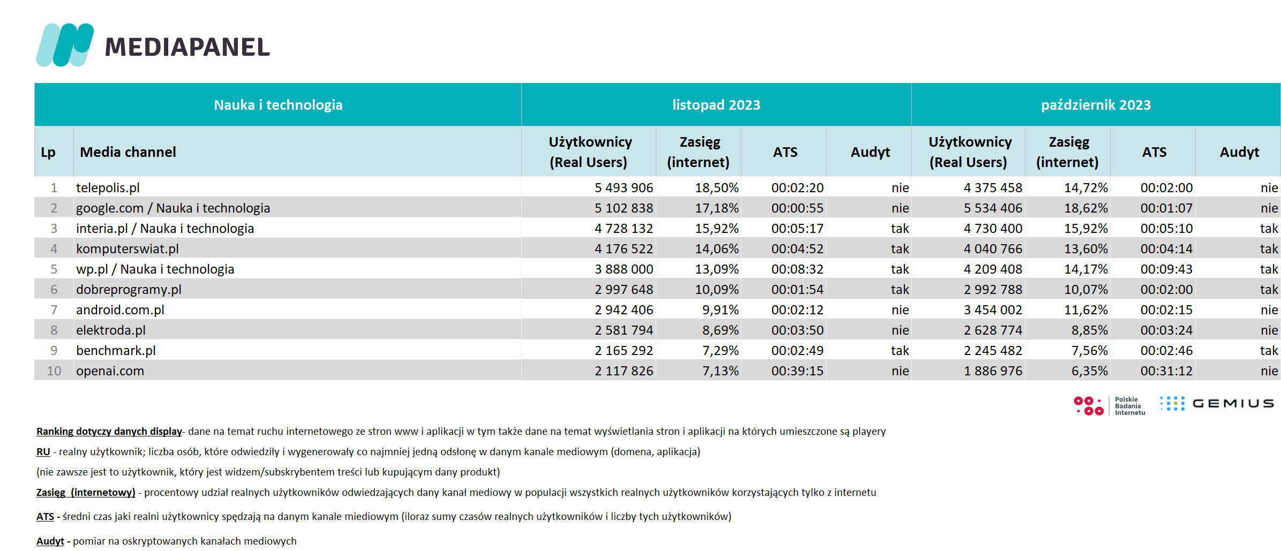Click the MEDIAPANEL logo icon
pyautogui.click(x=65, y=45)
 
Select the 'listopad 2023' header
pyautogui.click(x=716, y=105)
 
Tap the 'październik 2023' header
pyautogui.click(x=1096, y=105)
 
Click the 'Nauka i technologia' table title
pyautogui.click(x=278, y=105)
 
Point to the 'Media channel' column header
pyautogui.click(x=128, y=152)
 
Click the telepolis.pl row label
pyautogui.click(x=108, y=188)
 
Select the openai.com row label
pyautogui.click(x=110, y=371)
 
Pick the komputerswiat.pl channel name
pyautogui.click(x=128, y=249)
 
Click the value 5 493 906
pyautogui.click(x=624, y=188)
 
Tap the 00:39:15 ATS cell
pyautogui.click(x=797, y=371)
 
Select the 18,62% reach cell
pyautogui.click(x=1085, y=208)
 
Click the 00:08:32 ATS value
pyautogui.click(x=797, y=269)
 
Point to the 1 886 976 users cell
pyautogui.click(x=993, y=371)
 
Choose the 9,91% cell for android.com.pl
pyautogui.click(x=720, y=310)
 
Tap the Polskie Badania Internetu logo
pyautogui.click(x=1110, y=406)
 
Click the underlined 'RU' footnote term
pyautogui.click(x=43, y=452)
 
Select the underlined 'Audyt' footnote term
pyautogui.click(x=50, y=541)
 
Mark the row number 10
pyautogui.click(x=54, y=371)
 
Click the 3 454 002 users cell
pyautogui.click(x=993, y=310)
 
